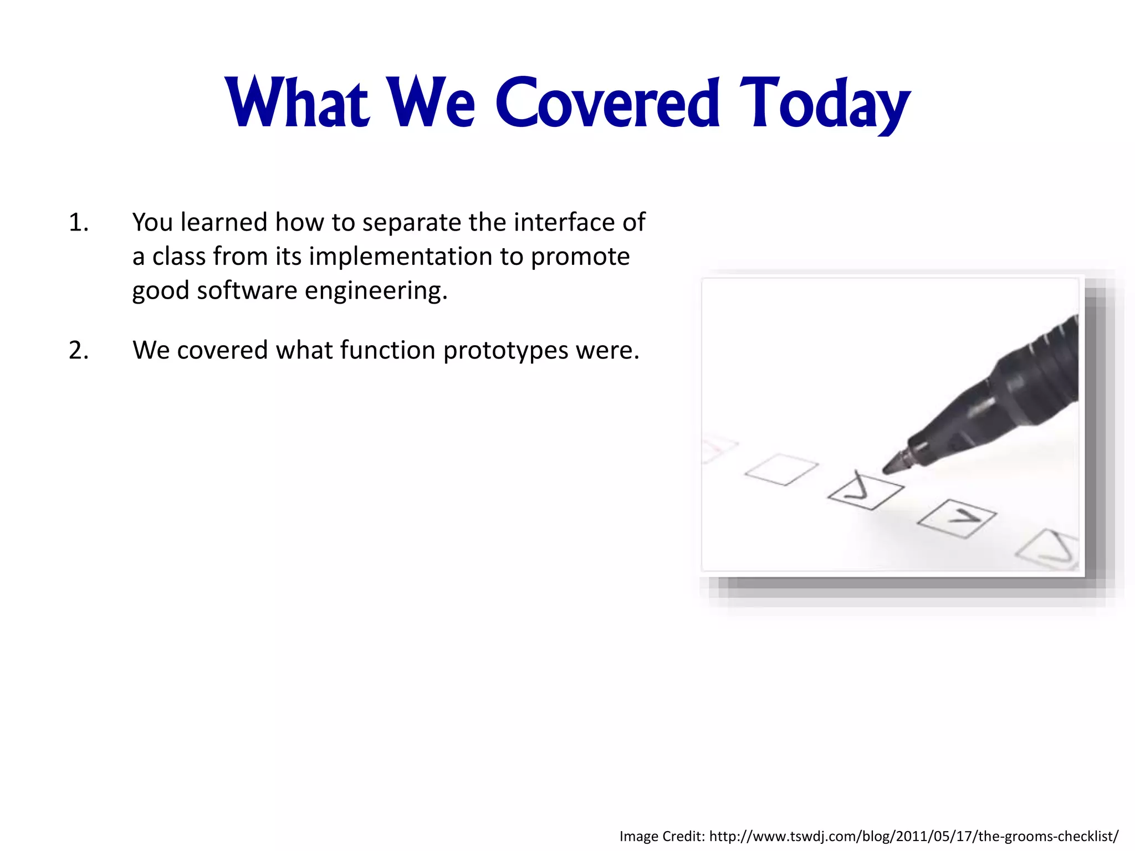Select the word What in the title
pos(298,102)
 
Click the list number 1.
pos(78,223)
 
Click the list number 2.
pos(78,351)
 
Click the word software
pos(247,291)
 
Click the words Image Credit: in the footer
pos(662,835)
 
